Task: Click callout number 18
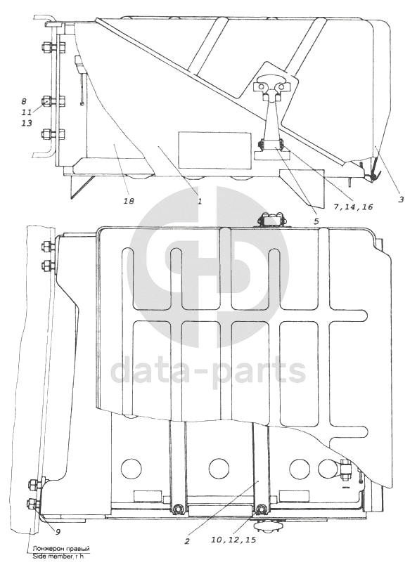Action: (x=129, y=201)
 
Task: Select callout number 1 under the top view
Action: (x=199, y=201)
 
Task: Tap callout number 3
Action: (x=401, y=200)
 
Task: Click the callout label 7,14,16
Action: (x=353, y=207)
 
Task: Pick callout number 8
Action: (x=25, y=100)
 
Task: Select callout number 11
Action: (x=26, y=112)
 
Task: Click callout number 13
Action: (x=27, y=123)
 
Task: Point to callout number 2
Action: (x=187, y=541)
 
